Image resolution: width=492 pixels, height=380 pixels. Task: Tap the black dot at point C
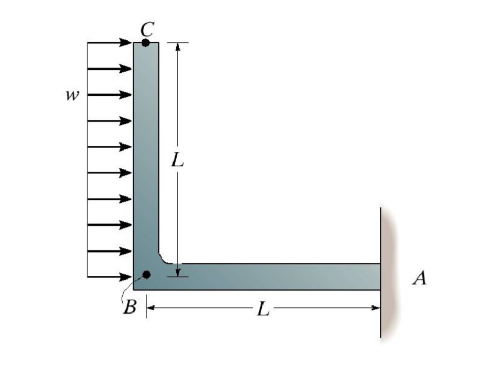(146, 43)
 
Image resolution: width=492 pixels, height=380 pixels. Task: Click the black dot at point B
(146, 275)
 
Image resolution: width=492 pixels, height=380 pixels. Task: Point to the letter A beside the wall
(420, 278)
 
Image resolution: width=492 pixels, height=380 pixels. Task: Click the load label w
(72, 95)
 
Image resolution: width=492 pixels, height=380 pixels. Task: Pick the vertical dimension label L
(178, 161)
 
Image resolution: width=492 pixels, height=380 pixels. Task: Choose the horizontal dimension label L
(263, 309)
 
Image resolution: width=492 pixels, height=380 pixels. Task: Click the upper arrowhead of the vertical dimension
(178, 47)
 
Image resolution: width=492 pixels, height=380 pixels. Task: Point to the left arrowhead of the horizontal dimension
(150, 308)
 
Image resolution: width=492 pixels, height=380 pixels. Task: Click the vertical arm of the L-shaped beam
(146, 149)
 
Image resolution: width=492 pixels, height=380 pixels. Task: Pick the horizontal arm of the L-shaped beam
(268, 276)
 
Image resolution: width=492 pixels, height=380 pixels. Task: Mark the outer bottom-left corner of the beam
(134, 289)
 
